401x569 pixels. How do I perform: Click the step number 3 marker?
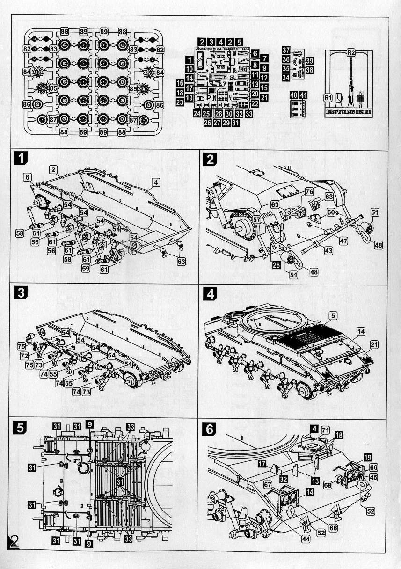tap(20, 293)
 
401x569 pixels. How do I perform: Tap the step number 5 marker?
tap(20, 427)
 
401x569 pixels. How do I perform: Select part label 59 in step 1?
tap(85, 269)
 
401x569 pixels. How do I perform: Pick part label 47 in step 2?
tap(343, 241)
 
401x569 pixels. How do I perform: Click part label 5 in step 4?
tap(333, 316)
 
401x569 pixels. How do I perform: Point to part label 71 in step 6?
tap(325, 430)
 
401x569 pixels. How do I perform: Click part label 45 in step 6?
tap(373, 477)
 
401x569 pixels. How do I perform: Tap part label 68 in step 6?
tap(327, 485)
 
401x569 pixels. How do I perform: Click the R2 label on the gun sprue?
tap(351, 53)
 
